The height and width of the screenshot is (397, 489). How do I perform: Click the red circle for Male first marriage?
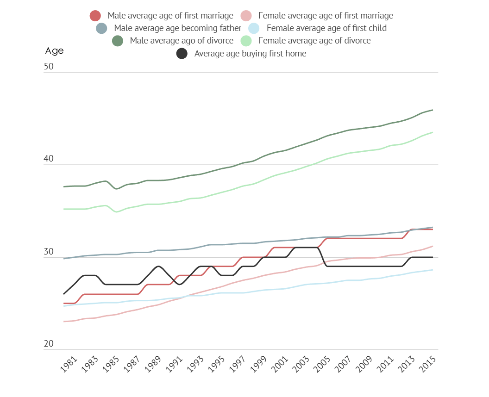pos(95,16)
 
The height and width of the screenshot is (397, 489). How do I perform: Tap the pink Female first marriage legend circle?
pos(246,16)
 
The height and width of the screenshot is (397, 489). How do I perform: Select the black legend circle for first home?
pos(182,54)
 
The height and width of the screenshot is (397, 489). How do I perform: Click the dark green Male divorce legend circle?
pos(118,41)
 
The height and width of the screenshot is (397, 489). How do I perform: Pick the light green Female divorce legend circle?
pos(246,41)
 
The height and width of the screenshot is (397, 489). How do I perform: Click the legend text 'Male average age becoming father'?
pos(177,28)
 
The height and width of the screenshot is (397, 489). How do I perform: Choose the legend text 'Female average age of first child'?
pos(326,28)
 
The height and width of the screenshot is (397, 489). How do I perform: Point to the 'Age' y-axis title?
pos(54,51)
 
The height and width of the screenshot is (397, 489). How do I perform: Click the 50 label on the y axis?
pos(49,67)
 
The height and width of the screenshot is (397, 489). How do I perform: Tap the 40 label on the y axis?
pos(49,159)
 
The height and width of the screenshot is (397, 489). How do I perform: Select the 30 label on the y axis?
pos(49,252)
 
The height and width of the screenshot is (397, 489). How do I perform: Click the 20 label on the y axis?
pos(49,344)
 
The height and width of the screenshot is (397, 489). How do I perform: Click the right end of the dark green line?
pos(433,110)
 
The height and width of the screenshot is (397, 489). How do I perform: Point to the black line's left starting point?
pos(64,294)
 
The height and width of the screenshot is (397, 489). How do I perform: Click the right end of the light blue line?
pos(433,270)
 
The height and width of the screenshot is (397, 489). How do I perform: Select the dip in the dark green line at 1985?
pos(117,189)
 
